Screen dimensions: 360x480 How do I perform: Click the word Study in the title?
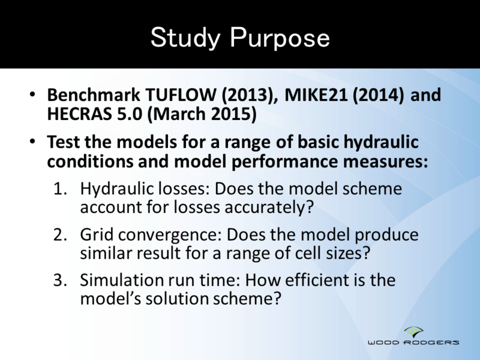(x=185, y=37)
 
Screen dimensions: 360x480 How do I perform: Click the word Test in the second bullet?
(x=61, y=143)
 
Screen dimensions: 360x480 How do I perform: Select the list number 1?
(x=59, y=189)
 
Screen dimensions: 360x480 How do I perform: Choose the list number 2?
(x=59, y=235)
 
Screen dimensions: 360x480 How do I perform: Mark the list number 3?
(x=59, y=280)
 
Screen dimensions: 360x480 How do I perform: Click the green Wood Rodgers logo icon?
(x=413, y=331)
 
